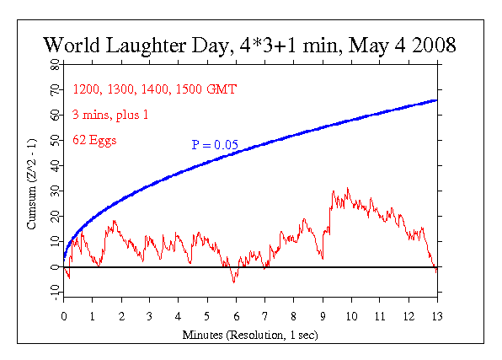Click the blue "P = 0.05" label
click(x=214, y=145)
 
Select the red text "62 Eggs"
click(x=94, y=140)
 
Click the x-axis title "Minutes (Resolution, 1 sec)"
click(x=250, y=335)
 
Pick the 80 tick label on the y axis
click(x=53, y=63)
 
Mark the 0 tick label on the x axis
click(x=63, y=318)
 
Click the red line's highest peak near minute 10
click(x=347, y=188)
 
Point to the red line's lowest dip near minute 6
click(x=234, y=282)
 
